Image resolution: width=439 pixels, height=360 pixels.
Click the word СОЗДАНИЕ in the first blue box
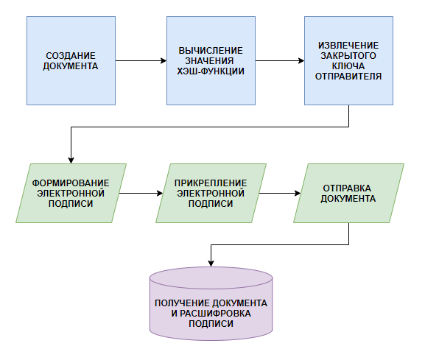click(x=71, y=56)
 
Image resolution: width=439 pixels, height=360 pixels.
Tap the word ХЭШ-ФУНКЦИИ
click(x=211, y=71)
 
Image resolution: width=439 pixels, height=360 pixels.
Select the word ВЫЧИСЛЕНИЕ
click(x=211, y=51)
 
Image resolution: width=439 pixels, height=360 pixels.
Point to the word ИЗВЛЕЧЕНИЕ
click(x=348, y=46)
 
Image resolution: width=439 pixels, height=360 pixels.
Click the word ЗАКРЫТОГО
click(x=348, y=56)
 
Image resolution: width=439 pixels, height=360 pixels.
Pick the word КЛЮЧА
click(x=348, y=66)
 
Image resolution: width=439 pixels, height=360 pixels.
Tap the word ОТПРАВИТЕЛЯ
click(x=348, y=76)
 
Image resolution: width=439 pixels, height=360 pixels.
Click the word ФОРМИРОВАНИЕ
click(x=71, y=183)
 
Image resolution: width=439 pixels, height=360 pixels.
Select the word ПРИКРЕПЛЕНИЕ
click(x=211, y=183)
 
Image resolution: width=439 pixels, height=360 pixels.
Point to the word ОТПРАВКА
click(x=347, y=188)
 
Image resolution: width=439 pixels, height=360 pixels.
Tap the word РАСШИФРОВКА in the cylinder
click(x=215, y=314)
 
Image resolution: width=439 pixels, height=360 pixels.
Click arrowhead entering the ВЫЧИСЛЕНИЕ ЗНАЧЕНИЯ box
click(x=164, y=61)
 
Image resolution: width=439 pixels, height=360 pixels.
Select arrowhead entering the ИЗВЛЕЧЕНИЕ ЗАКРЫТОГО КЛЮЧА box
click(x=301, y=61)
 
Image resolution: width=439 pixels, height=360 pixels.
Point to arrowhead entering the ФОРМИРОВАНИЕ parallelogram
click(x=71, y=160)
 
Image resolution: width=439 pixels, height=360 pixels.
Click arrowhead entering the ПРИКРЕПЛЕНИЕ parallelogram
click(x=160, y=193)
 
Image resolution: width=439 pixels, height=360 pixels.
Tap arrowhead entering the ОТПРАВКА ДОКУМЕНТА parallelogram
click(x=298, y=193)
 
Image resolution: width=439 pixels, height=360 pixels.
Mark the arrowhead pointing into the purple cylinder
click(x=211, y=264)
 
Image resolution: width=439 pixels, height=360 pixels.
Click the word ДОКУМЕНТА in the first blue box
click(x=71, y=66)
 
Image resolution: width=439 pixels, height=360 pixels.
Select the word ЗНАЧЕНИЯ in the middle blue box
click(x=209, y=61)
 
